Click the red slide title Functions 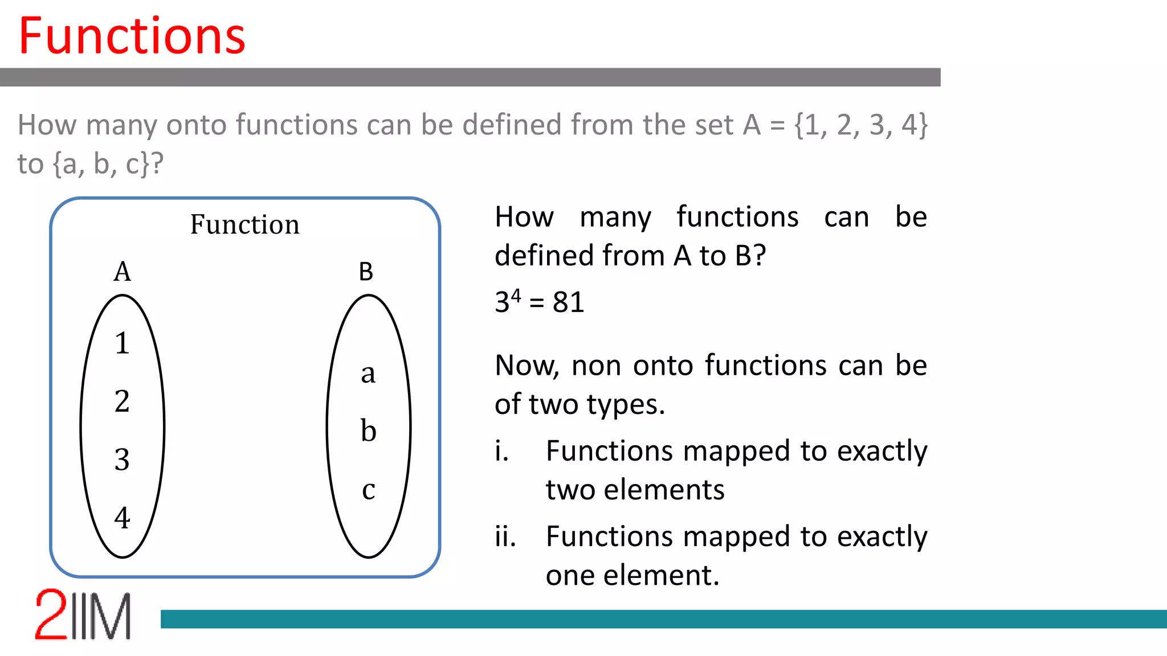pos(132,36)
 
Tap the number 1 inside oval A pos(122,343)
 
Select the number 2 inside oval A pos(122,401)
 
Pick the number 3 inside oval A pos(122,460)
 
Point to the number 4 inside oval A pos(122,518)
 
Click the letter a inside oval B pos(368,374)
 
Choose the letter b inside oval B pos(368,430)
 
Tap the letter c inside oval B pos(368,490)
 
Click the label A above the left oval pos(122,272)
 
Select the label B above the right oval pos(366,272)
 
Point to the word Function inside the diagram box pos(244,224)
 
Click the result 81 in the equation pos(568,302)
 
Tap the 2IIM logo pos(83,615)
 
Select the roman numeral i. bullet pos(501,451)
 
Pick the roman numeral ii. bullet pos(505,536)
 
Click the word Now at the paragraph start pos(527,366)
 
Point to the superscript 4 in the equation pos(516,296)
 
